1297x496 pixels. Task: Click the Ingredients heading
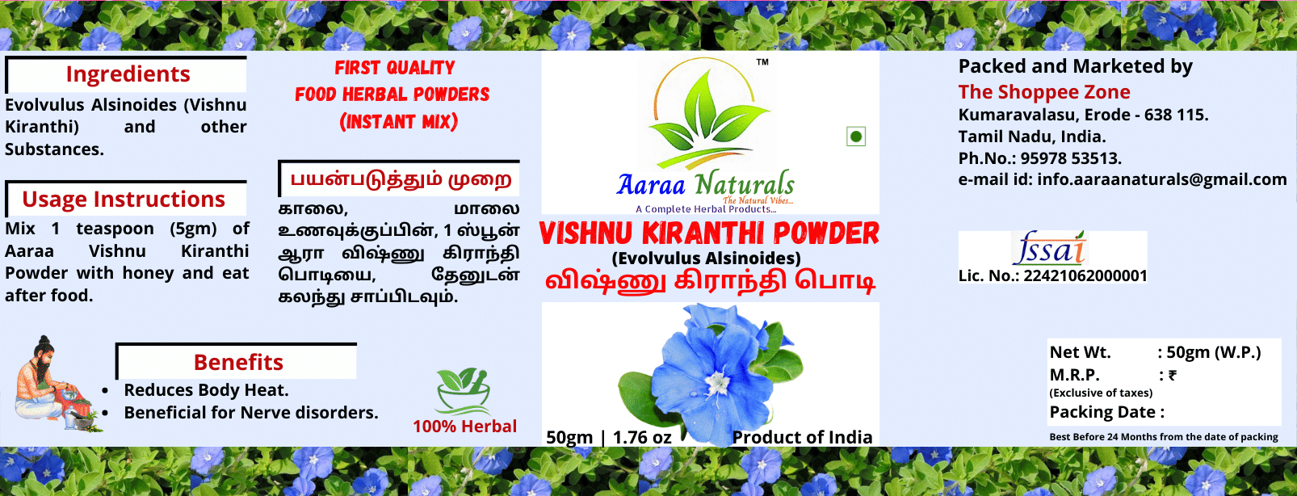[128, 74]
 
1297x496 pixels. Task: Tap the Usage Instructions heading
[124, 200]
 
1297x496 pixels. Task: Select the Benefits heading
[238, 362]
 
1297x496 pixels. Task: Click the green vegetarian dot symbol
[856, 137]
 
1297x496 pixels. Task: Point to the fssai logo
[1049, 248]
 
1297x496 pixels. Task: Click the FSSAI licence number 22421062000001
[1085, 275]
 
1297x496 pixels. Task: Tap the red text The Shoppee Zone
[1044, 91]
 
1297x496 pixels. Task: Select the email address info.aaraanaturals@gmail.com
[1162, 179]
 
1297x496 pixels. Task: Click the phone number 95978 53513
[1071, 158]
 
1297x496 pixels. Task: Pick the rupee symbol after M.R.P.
[1173, 376]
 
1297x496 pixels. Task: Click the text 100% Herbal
[465, 427]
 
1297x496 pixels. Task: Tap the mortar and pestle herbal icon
[464, 390]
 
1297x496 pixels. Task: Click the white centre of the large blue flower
[718, 382]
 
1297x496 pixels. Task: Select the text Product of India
[802, 438]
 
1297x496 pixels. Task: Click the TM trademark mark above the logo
[762, 62]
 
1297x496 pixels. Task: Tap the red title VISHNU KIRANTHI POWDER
[709, 233]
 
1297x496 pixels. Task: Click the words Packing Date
[1103, 412]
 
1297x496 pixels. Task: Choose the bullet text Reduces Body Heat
[206, 390]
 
